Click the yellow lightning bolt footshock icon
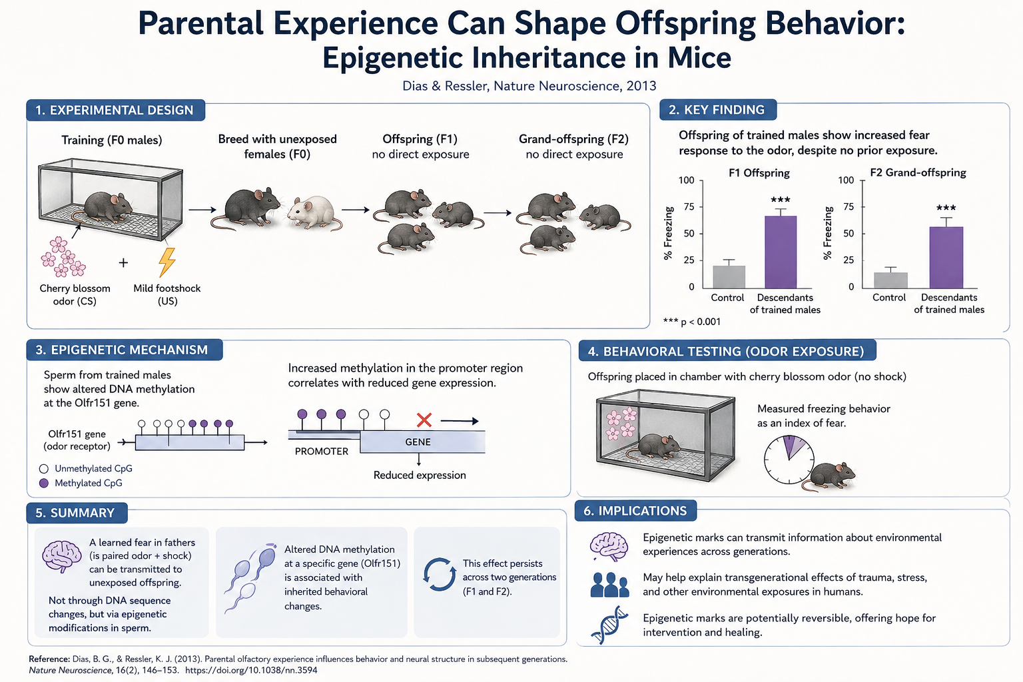[167, 262]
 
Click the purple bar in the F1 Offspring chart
[781, 252]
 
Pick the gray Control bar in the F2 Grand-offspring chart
[890, 280]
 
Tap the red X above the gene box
[424, 420]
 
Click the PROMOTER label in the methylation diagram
[322, 452]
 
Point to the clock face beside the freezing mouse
[789, 460]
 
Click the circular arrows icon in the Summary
[440, 573]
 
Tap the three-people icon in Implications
[609, 585]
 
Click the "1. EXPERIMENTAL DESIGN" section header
[115, 110]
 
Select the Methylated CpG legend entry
[81, 483]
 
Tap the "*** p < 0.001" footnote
[691, 322]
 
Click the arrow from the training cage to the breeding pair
[202, 210]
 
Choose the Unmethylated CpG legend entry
[86, 468]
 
